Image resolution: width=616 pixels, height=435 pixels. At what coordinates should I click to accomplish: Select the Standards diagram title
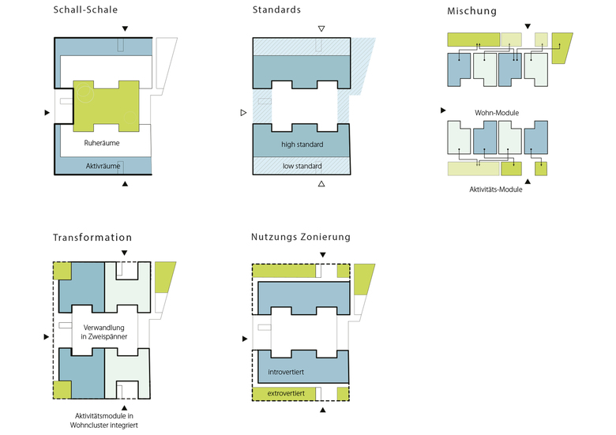coord(276,10)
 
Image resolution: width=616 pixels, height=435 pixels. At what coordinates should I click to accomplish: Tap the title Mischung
coord(471,11)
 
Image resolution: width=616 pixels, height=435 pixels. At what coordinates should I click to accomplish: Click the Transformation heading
coord(92,238)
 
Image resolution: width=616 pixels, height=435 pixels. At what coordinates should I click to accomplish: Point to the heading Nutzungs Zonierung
coord(301,237)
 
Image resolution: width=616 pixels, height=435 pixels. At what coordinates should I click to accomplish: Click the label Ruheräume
coord(100,143)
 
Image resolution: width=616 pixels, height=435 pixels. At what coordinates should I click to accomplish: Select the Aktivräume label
coord(103,167)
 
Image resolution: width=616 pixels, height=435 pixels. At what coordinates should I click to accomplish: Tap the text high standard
coord(301,144)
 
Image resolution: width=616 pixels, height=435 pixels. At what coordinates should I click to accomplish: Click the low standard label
coord(301,167)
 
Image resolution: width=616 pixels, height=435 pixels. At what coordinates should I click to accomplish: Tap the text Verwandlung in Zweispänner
coord(103,332)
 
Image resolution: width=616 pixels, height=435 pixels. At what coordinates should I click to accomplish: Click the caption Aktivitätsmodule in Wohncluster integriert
coord(103,421)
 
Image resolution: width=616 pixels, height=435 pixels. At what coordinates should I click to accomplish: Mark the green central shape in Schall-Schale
coord(106,105)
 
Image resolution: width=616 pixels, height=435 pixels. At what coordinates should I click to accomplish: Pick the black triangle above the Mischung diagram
coord(528,26)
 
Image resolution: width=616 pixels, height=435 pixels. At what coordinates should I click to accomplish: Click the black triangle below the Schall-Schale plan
coord(124,184)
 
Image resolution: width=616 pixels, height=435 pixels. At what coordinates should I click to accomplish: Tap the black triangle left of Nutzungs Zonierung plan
coord(244,339)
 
